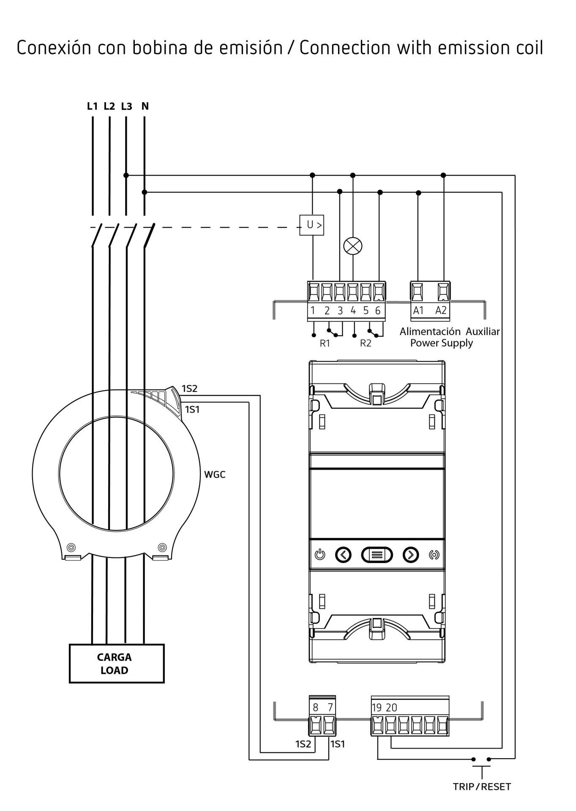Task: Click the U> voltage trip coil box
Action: tap(311, 225)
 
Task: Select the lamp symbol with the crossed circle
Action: tap(353, 246)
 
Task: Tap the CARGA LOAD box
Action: tap(117, 663)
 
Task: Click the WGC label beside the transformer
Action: tap(215, 474)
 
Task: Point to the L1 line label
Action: tap(92, 106)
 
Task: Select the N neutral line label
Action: tap(145, 106)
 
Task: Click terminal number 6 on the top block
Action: tap(378, 310)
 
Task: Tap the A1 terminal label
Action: tap(418, 310)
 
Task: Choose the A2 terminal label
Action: tap(441, 310)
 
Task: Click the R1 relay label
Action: tap(325, 343)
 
